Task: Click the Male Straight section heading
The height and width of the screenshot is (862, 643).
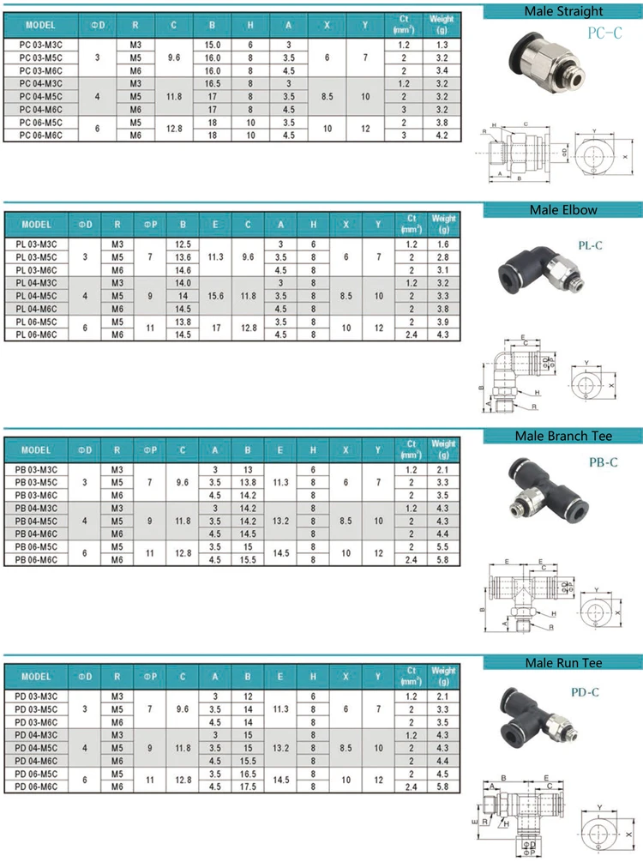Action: tap(563, 12)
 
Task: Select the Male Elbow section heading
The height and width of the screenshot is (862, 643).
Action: tap(563, 209)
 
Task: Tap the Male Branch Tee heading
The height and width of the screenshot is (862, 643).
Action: tap(563, 437)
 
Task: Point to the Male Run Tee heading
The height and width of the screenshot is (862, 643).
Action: tap(563, 663)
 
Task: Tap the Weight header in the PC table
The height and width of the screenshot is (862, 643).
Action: tap(442, 21)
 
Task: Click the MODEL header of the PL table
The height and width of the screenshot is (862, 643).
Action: tap(37, 225)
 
